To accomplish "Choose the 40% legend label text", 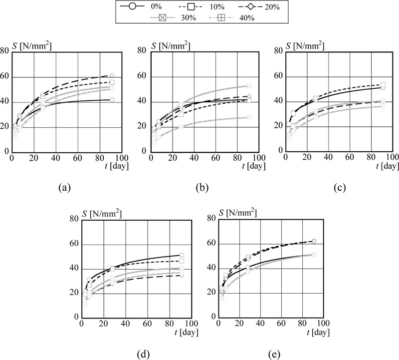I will point(245,18).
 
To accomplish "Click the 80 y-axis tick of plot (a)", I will point(5,51).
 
